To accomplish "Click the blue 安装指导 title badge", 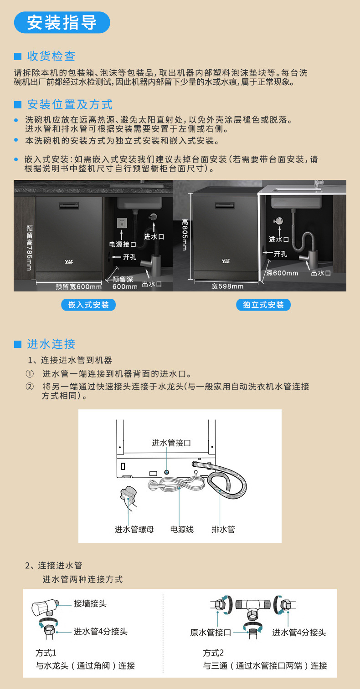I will click(62, 22).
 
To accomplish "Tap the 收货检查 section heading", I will click(51, 56).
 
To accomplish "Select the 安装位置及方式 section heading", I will click(69, 104).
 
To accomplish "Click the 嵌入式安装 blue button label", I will click(88, 305).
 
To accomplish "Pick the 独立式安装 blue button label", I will click(263, 305).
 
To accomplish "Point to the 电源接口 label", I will click(123, 245).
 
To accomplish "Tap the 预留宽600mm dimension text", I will click(78, 286).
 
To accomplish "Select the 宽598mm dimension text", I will click(227, 286).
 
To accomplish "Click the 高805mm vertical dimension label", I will click(185, 235).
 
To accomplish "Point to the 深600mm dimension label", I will click(283, 273).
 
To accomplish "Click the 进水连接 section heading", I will click(51, 344).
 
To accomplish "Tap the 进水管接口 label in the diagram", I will click(171, 443).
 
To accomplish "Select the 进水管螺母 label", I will click(134, 529).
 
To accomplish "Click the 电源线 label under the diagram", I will click(182, 529).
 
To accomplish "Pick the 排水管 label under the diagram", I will click(223, 529).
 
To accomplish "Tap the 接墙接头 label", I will click(90, 603).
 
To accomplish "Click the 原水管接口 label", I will click(211, 633).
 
